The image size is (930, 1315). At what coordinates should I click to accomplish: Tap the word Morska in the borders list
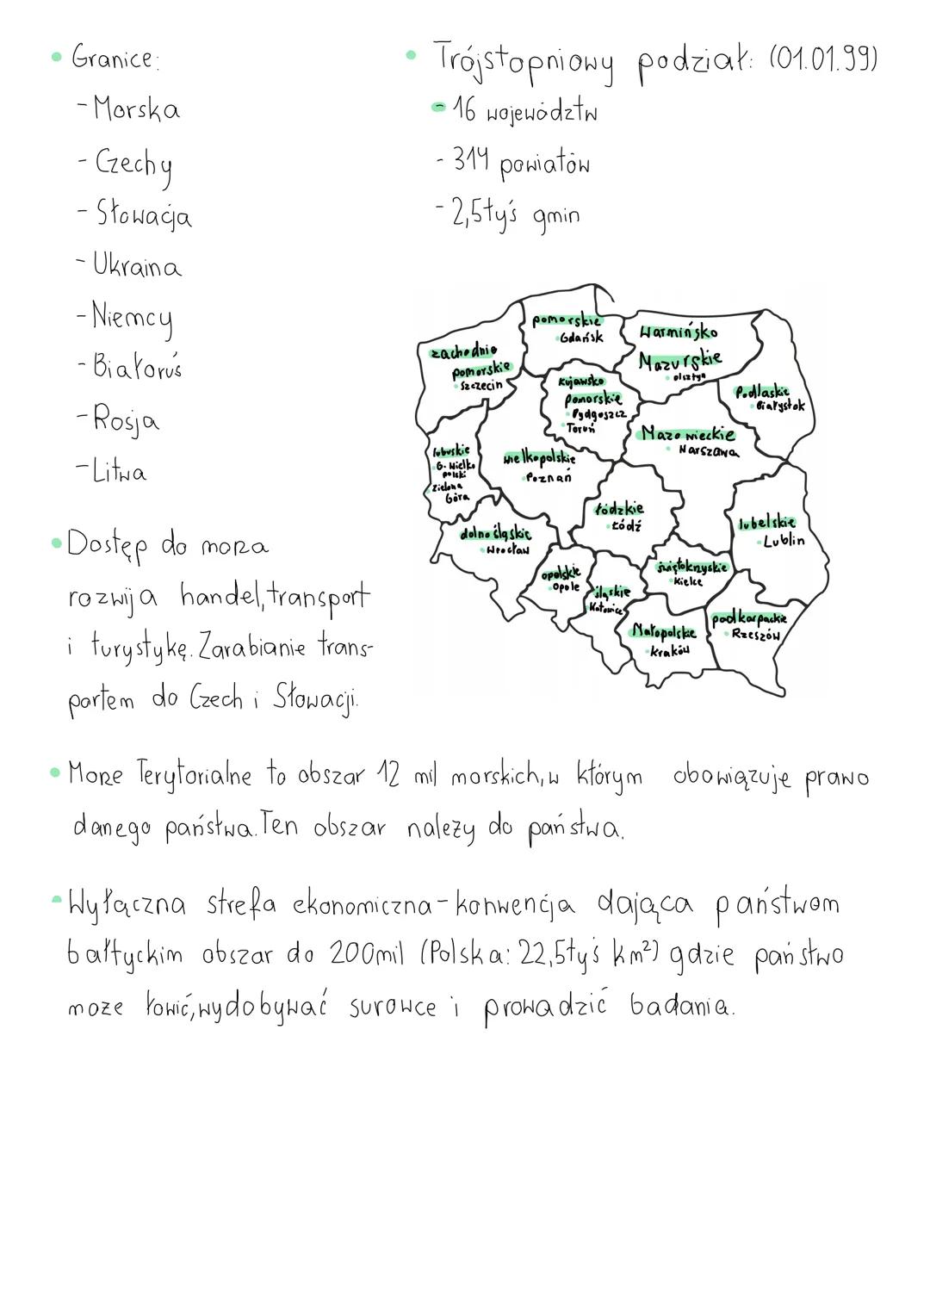pos(137,109)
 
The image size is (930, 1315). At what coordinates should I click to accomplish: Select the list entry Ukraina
pos(137,266)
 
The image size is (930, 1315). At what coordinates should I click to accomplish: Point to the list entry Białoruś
pos(138,368)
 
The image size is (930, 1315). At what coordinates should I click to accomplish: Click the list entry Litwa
pos(121,472)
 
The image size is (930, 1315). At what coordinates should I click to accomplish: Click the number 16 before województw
pos(466,111)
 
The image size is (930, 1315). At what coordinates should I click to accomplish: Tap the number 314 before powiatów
pos(471,161)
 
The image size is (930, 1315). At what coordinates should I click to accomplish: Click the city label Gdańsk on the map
pos(581,338)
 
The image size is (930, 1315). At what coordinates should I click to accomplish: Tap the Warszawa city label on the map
pos(708,450)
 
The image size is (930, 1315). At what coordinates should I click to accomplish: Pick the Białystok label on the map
pos(780,406)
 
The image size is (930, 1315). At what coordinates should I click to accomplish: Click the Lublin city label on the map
pos(784,541)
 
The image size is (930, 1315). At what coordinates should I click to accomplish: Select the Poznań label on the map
pos(549,478)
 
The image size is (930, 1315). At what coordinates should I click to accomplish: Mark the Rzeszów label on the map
pos(755,635)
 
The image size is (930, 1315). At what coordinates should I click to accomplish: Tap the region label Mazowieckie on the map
pos(688,434)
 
